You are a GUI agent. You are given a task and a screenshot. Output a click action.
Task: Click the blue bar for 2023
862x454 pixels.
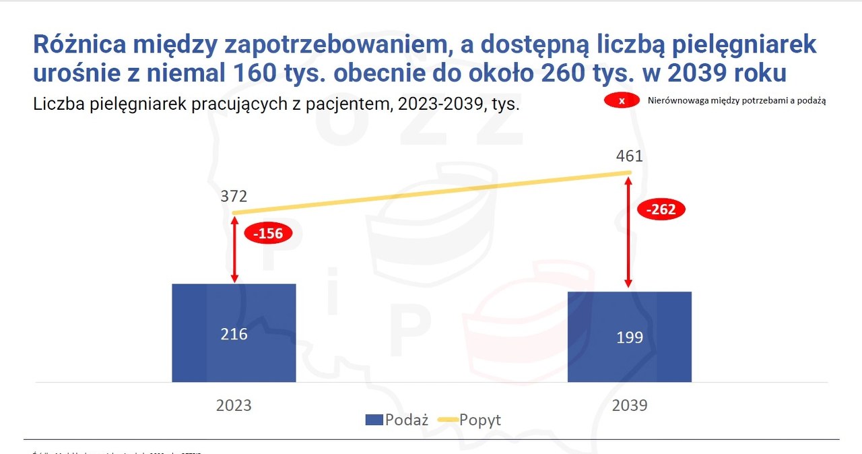[234, 333]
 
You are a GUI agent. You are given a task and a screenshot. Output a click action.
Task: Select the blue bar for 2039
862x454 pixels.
[629, 337]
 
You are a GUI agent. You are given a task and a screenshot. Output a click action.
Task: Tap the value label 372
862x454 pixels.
[234, 197]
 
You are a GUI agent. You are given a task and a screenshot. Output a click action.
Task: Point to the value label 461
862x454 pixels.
[629, 156]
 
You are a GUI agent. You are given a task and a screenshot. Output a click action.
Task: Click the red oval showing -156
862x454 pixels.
[268, 234]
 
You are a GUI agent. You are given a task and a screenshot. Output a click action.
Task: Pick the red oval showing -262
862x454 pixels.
[663, 209]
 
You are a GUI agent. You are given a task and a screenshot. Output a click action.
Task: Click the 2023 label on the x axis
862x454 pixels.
[234, 406]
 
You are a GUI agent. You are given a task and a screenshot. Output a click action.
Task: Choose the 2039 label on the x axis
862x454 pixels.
[629, 406]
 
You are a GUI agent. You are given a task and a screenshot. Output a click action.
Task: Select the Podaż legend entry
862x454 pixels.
[397, 420]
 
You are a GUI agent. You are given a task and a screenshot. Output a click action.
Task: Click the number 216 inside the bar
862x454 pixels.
[234, 334]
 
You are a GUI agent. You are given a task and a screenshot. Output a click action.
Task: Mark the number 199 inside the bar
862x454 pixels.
[629, 337]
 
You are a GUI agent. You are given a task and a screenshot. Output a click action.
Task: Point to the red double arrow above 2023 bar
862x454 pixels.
[234, 249]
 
